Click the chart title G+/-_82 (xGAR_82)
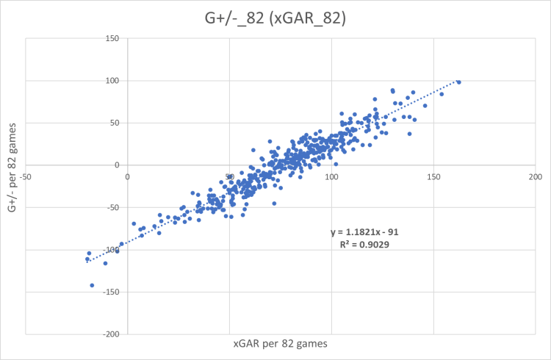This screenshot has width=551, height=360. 275,15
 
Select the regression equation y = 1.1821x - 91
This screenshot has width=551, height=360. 364,231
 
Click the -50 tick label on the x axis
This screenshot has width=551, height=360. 26,177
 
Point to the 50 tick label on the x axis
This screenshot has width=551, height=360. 229,177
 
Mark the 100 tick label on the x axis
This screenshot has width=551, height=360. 331,177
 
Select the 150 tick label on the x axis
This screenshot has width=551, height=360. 433,177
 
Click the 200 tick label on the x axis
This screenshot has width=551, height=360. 535,177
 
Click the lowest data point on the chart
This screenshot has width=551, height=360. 92,285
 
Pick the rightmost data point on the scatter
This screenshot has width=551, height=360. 458,82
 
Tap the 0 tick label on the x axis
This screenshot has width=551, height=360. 128,177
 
